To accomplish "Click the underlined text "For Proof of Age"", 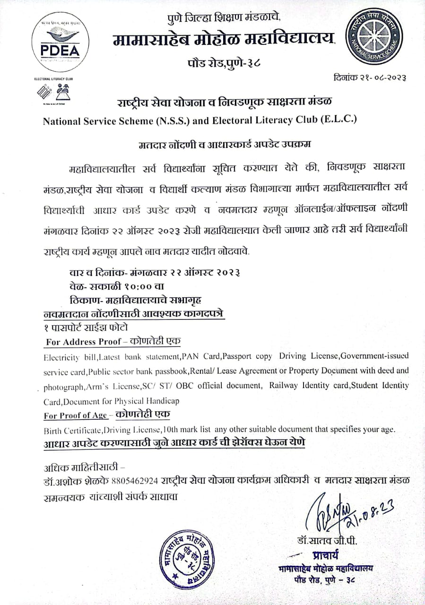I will [x=75, y=416].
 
